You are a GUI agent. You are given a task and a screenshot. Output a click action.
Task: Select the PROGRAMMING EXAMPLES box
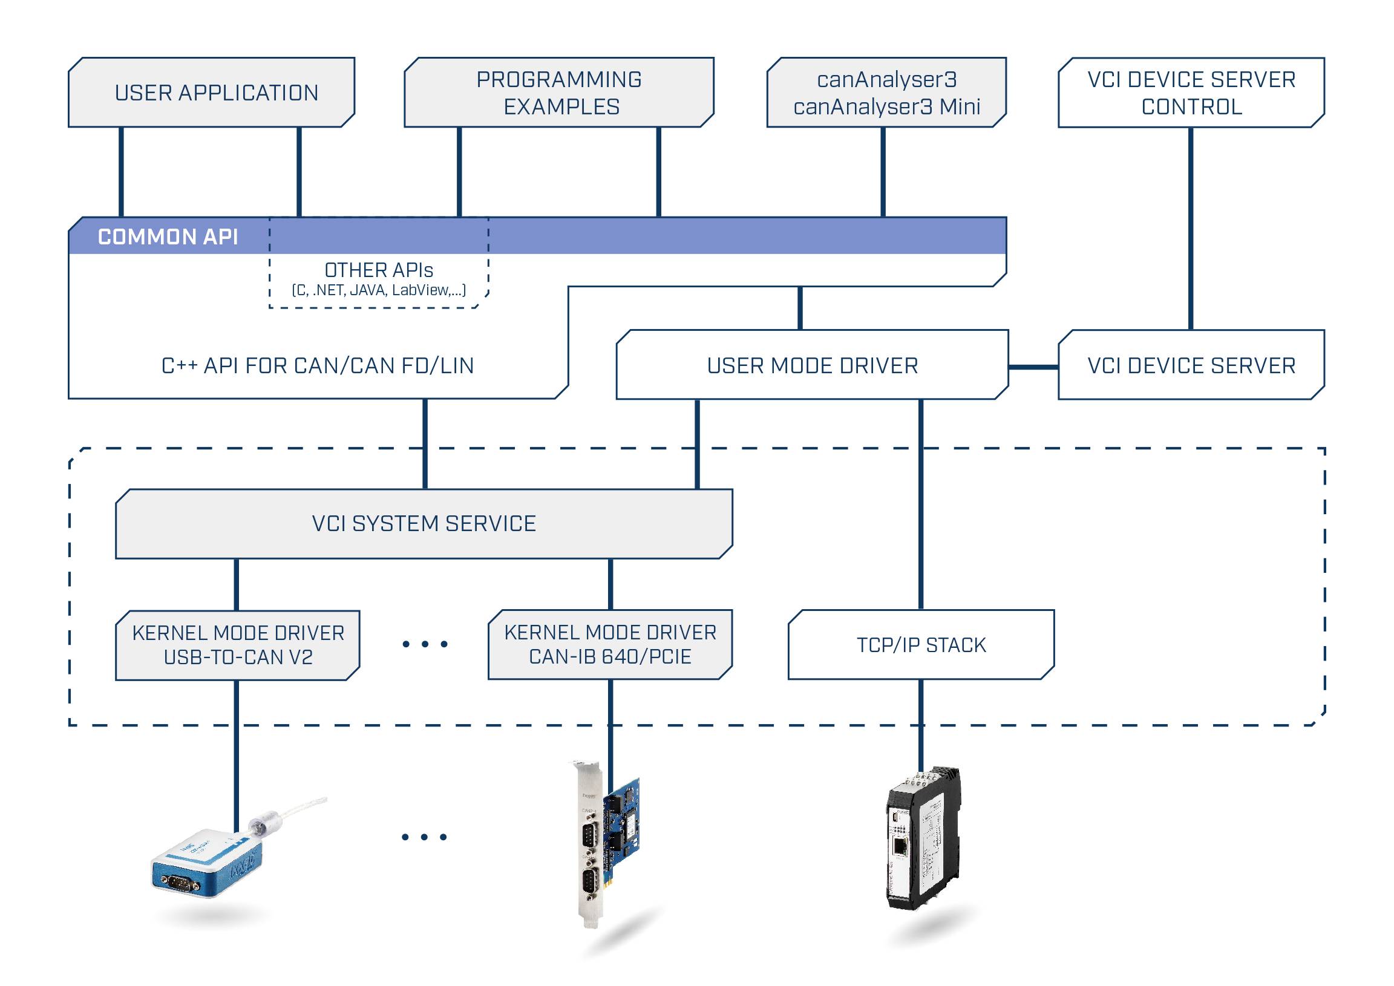tap(558, 93)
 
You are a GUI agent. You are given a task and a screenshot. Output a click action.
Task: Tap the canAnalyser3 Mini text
tap(886, 107)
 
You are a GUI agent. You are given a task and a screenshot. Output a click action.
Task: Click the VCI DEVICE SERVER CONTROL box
tap(1191, 93)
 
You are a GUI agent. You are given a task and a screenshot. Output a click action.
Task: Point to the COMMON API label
tap(168, 237)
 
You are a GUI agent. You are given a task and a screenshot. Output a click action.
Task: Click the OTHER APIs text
tap(379, 270)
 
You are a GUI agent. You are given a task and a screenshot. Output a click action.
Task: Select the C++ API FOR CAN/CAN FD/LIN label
tap(318, 366)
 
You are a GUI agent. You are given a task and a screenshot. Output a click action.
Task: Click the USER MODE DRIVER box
tap(813, 365)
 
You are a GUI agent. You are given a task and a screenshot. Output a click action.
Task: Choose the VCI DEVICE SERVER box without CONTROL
tap(1191, 365)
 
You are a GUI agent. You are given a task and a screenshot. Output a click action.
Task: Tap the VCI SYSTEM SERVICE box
tap(424, 524)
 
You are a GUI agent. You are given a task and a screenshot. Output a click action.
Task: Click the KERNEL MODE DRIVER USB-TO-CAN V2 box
tap(238, 645)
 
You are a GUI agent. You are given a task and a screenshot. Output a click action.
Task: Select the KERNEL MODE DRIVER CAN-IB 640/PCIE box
tap(610, 645)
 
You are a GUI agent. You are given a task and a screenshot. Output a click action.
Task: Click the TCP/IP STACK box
tap(921, 645)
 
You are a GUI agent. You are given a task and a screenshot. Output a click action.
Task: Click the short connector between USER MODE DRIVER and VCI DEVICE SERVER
tap(1033, 367)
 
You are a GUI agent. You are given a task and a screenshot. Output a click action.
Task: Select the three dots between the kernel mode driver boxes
tap(425, 644)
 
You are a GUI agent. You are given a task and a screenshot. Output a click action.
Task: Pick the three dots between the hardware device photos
tap(424, 837)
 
